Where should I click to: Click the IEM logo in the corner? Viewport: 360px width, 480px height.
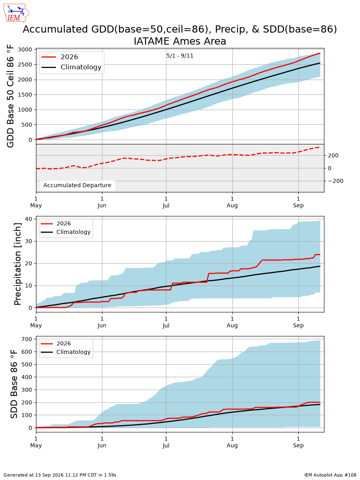pos(16,13)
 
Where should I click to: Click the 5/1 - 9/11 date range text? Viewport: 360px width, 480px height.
pos(180,56)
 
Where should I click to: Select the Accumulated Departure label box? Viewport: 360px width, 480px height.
pos(77,185)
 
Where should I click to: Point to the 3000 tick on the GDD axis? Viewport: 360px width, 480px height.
pos(25,50)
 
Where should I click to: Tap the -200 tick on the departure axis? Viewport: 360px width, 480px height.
pos(335,181)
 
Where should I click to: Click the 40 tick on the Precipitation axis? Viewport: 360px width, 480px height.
pos(28,219)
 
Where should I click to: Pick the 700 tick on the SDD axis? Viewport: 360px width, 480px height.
pos(27,339)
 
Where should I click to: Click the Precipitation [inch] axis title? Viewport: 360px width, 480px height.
pos(17,264)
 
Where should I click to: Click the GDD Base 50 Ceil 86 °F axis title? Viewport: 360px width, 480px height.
pos(10,96)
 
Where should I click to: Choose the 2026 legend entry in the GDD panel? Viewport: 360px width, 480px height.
pos(60,57)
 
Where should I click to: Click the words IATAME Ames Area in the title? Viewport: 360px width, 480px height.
pos(180,41)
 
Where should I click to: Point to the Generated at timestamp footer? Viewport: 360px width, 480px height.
pos(60,475)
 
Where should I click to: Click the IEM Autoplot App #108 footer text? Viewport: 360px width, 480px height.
pos(330,475)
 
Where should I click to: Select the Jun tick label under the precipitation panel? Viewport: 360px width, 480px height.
pos(102,325)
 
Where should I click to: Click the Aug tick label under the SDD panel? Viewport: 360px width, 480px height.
pos(232,446)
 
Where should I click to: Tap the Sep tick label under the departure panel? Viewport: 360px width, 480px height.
pos(298,206)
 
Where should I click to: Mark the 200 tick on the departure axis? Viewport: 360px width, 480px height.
pos(333,156)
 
